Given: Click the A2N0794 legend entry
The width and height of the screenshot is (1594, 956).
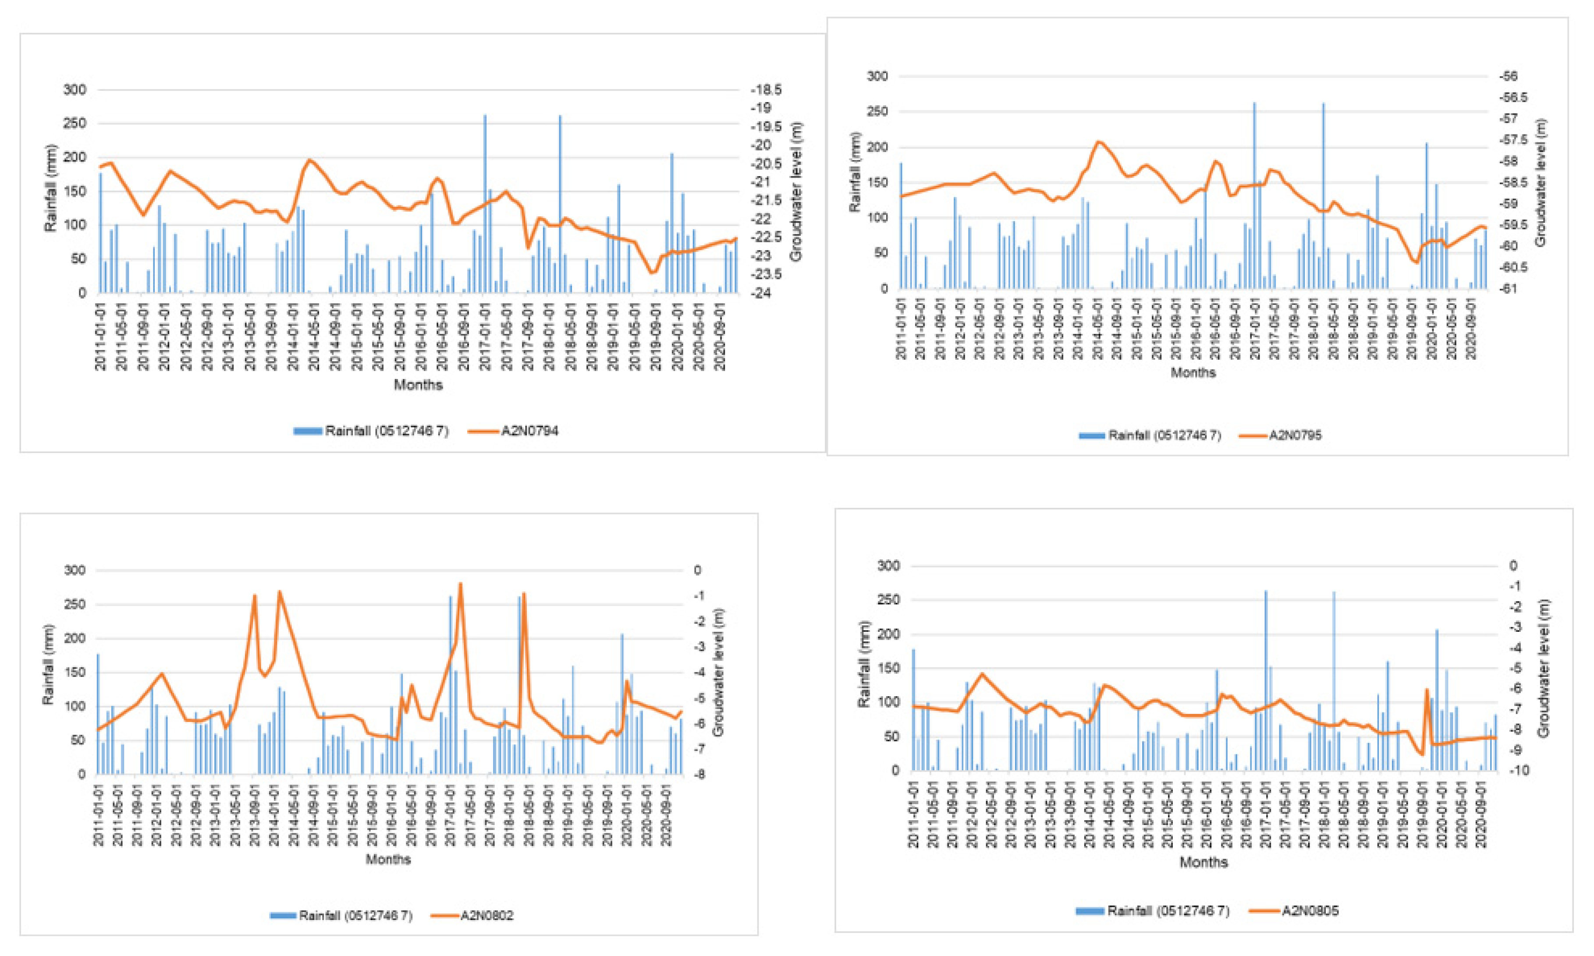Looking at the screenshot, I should point(529,431).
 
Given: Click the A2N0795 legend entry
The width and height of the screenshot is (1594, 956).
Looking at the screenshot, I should point(1295,436).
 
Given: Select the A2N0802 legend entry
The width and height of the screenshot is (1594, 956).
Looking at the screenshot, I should point(486,915).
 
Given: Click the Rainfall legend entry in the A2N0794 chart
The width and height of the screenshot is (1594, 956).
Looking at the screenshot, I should point(385,431).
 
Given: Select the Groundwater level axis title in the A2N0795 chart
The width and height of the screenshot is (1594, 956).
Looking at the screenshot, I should point(1540,182).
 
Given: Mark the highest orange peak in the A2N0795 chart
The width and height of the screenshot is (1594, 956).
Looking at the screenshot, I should point(1099,142).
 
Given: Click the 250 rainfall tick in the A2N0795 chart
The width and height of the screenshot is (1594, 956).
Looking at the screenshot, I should point(877,111).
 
